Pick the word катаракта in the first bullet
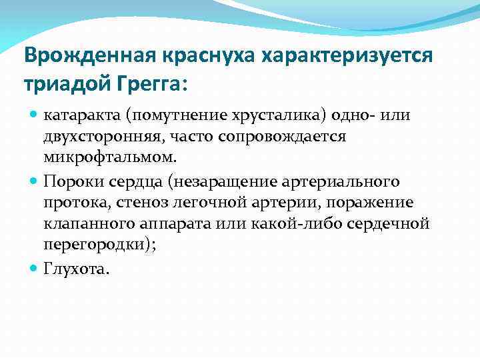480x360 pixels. [x=79, y=116]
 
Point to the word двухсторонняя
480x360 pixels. [x=94, y=137]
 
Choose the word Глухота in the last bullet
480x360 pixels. [x=72, y=269]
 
